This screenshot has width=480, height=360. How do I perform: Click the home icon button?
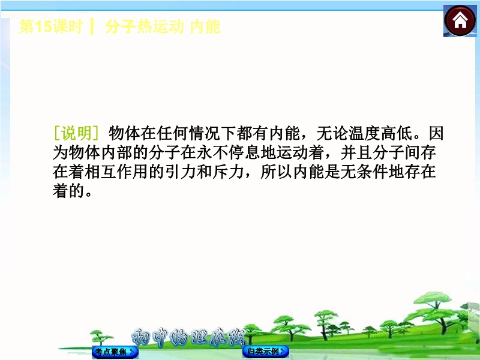pos(460,21)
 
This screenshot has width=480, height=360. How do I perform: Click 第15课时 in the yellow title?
pos(51,26)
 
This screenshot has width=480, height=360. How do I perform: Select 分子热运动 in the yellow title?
pos(145,26)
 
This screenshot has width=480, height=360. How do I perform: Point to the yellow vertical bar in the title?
pos(92,26)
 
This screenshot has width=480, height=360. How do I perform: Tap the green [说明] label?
pos(76,133)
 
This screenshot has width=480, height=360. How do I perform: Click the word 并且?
pos(356,152)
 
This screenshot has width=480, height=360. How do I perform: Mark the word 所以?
pos(276,172)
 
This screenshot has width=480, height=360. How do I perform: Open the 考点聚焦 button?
pos(115,352)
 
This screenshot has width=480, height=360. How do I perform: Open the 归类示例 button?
pos(265,352)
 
